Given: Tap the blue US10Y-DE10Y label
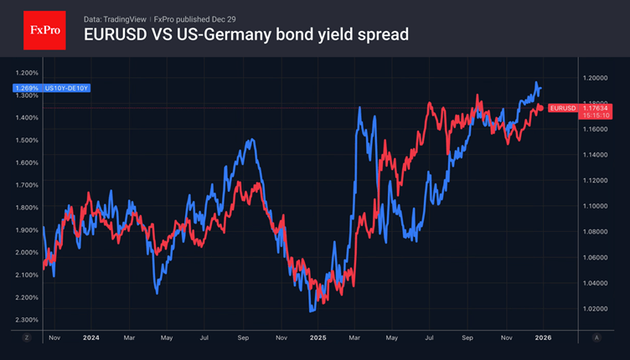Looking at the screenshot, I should tap(67, 87).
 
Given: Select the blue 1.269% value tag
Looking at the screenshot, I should tap(25, 87).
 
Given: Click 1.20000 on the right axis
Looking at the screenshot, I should tap(596, 78).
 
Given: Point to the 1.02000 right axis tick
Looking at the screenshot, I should tap(596, 309).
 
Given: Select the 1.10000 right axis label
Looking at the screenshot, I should tap(596, 206).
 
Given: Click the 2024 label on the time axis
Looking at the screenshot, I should tap(90, 337).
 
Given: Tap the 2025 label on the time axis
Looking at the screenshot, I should tap(318, 337).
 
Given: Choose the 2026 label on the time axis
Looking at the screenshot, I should tap(543, 337).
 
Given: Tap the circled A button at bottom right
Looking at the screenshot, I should tap(596, 337).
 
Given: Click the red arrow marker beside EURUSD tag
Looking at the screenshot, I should tap(540, 107).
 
